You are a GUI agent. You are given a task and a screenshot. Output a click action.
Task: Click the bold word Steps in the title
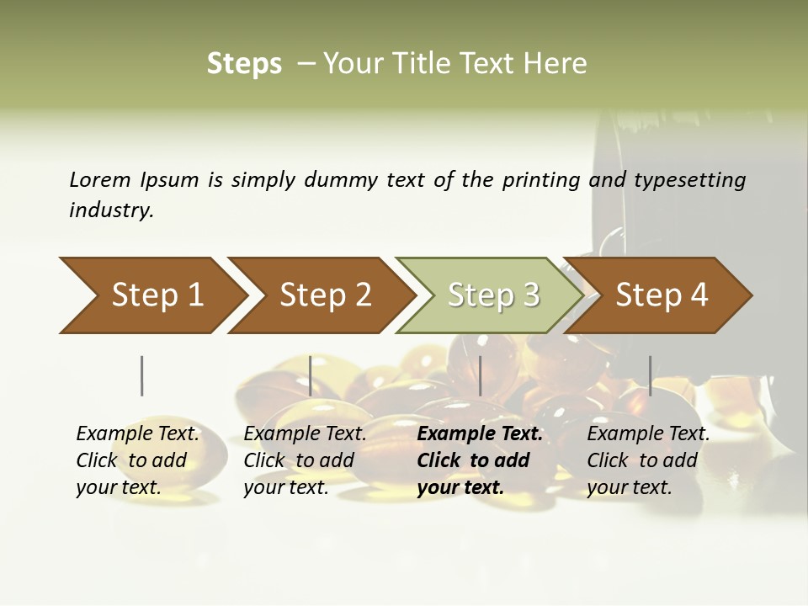[244, 64]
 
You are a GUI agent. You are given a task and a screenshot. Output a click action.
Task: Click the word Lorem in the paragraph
[100, 180]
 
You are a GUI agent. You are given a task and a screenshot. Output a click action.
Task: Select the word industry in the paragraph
[111, 210]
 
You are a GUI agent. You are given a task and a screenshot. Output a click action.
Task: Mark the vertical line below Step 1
[141, 375]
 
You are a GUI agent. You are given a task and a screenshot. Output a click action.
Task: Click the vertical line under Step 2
[311, 375]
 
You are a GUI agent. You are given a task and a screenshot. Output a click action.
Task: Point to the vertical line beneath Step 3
[480, 375]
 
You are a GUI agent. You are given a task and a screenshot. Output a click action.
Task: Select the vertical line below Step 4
[650, 375]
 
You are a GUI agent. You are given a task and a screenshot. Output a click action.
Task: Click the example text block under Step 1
[137, 460]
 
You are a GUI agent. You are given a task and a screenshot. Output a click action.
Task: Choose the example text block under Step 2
[305, 460]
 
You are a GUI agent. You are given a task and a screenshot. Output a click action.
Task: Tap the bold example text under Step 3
[479, 460]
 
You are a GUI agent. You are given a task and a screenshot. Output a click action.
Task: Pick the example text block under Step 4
[648, 460]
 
